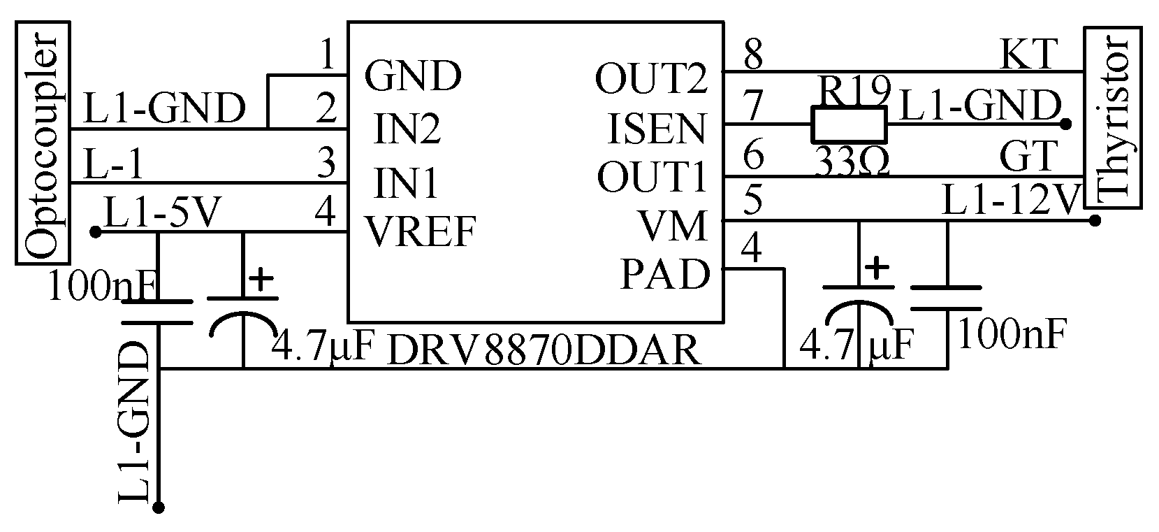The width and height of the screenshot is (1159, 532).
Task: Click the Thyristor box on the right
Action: (1114, 117)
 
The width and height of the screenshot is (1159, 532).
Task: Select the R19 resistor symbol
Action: (848, 125)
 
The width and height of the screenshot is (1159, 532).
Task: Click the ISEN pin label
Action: (657, 128)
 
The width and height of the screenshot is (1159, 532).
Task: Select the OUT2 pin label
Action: (651, 78)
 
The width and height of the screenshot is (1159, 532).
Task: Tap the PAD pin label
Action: (665, 275)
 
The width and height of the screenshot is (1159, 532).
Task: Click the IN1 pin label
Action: (408, 183)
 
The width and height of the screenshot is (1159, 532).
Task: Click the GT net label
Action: (1026, 157)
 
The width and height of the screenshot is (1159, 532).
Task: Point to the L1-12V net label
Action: (1010, 201)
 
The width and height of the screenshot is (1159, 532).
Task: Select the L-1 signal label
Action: (113, 166)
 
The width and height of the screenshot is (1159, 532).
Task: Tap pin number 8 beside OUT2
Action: (752, 55)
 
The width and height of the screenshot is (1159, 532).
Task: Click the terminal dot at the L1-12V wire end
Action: (1095, 221)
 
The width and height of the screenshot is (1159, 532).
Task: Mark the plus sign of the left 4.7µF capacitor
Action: (261, 280)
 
